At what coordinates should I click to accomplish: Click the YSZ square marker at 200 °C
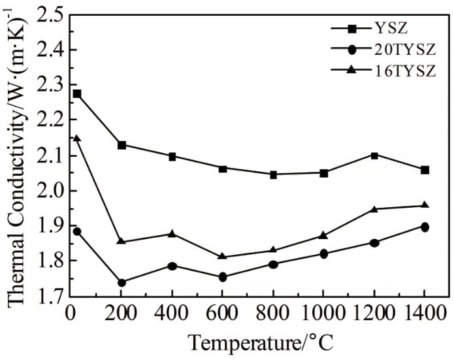tap(122, 145)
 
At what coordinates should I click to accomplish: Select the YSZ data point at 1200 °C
tap(374, 155)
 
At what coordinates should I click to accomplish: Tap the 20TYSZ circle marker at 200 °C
tap(122, 282)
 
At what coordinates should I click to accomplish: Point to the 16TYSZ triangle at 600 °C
tap(223, 257)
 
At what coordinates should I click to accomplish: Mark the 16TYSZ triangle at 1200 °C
tap(374, 209)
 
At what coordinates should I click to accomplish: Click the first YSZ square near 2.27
tap(77, 94)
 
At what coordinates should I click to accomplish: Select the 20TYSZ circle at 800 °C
tap(274, 265)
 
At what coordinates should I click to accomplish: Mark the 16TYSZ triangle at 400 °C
tap(172, 233)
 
